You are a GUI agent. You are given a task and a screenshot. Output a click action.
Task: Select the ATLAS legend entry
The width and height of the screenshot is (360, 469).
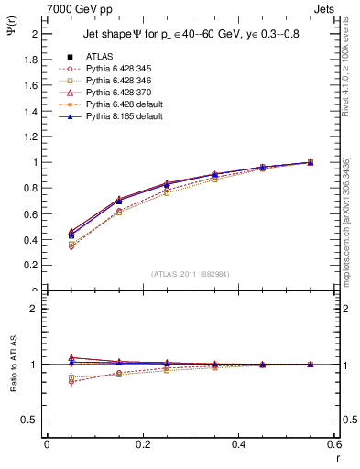(101, 57)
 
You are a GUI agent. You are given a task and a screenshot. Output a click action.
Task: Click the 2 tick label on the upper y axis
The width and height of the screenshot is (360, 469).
(35, 34)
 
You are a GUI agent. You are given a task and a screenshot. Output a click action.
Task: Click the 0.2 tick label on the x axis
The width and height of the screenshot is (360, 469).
(142, 444)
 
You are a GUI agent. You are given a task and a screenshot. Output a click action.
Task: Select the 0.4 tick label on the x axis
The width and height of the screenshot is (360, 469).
(238, 444)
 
